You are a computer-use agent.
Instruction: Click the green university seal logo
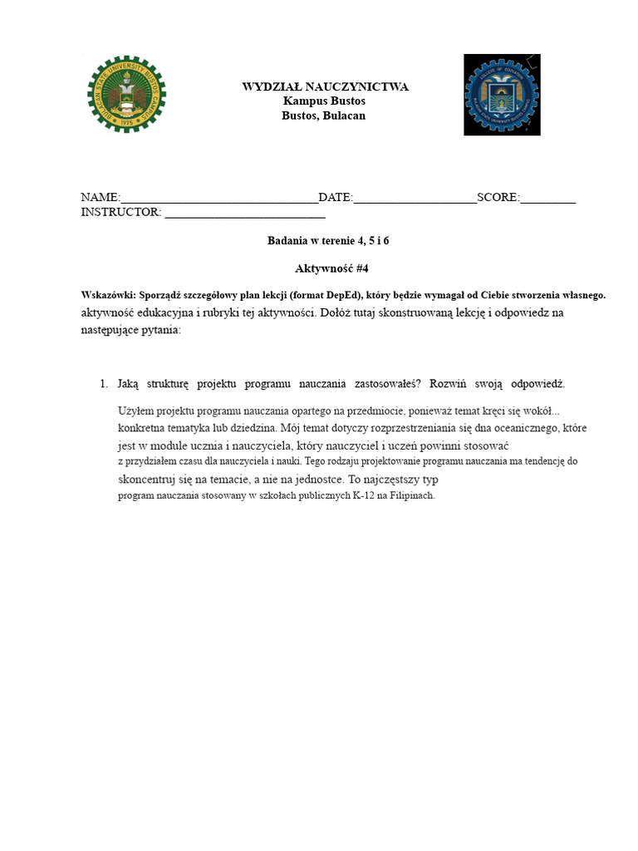coord(126,94)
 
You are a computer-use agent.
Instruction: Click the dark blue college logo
coord(502,94)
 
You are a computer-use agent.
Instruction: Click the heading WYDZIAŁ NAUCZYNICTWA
coord(325,87)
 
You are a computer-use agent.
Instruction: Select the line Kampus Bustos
coord(324,101)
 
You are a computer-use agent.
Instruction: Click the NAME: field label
coord(101,198)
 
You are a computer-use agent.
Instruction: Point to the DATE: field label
coord(336,198)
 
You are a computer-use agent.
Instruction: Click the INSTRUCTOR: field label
coord(121,213)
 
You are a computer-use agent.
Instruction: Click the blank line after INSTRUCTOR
coord(245,214)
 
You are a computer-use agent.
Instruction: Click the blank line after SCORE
coord(548,199)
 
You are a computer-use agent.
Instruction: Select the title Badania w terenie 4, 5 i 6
coord(328,241)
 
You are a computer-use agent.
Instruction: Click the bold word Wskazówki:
coord(107,295)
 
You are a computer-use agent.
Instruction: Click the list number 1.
coord(103,384)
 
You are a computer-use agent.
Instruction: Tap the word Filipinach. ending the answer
coord(408,496)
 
